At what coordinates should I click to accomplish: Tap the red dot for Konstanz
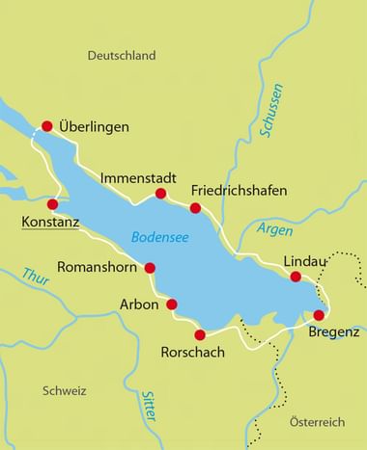[53, 204]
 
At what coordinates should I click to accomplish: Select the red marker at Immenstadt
[160, 194]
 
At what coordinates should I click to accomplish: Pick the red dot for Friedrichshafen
[195, 208]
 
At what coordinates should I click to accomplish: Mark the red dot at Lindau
[296, 278]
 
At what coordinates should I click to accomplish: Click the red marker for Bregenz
[319, 315]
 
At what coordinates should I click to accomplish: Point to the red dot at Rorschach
[200, 335]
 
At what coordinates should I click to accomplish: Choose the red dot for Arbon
[172, 304]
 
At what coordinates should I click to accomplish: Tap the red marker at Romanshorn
[150, 268]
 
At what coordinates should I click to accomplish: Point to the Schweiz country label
[65, 390]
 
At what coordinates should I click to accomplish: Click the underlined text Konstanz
[48, 224]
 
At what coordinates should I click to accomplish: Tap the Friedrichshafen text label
[239, 191]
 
